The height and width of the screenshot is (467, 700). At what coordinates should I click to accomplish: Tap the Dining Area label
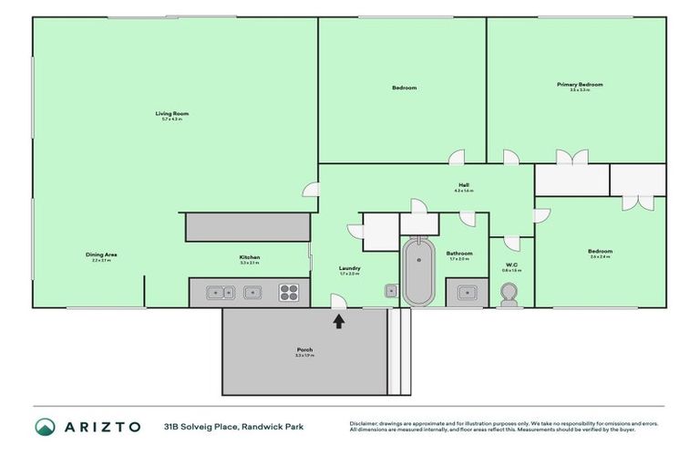point(101,254)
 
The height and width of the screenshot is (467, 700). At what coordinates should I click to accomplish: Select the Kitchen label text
point(250,257)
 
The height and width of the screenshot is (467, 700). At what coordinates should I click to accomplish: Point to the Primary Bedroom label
point(580,85)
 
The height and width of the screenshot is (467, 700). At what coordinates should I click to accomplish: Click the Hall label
point(464,186)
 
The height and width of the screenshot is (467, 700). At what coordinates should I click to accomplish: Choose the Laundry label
point(350,268)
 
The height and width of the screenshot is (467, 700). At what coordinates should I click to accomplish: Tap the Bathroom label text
point(459,254)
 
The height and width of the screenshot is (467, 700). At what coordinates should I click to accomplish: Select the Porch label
point(304,350)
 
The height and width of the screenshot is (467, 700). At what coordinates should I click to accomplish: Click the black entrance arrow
point(339,321)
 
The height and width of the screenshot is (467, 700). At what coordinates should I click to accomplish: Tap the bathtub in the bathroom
point(420,271)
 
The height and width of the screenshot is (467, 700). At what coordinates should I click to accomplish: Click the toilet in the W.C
point(510,294)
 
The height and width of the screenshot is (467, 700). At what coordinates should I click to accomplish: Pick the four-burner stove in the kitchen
point(288,293)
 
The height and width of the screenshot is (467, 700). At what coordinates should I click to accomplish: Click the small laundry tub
point(390,292)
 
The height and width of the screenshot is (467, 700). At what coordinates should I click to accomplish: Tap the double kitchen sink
point(219,293)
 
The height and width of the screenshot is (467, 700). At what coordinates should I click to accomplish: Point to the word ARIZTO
point(101,426)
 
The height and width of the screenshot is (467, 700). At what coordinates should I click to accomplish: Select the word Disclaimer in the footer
point(365,423)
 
